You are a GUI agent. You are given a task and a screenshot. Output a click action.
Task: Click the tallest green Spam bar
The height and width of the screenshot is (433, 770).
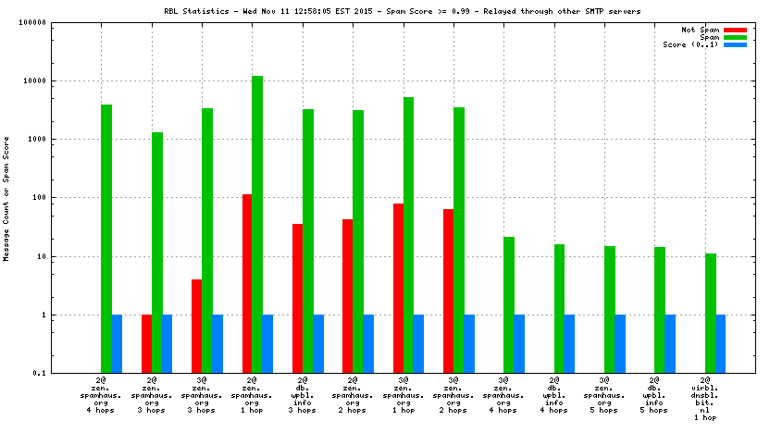click(x=257, y=222)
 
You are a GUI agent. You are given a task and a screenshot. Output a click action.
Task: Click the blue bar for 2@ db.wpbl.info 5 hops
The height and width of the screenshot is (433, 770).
click(x=670, y=343)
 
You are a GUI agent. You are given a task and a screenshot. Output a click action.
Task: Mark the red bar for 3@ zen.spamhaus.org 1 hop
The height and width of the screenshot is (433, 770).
click(x=398, y=288)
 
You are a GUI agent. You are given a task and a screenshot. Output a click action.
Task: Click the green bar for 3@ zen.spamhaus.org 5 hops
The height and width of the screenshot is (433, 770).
click(x=610, y=309)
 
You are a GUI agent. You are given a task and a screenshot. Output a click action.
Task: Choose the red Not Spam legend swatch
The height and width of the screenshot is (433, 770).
click(x=735, y=30)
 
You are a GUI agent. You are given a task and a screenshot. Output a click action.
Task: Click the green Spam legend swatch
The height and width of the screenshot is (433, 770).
click(x=735, y=37)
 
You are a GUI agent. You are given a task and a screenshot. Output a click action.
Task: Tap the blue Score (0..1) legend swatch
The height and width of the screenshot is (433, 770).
click(x=735, y=44)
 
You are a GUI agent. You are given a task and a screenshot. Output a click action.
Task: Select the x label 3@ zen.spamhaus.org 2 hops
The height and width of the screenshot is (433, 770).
click(x=453, y=395)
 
